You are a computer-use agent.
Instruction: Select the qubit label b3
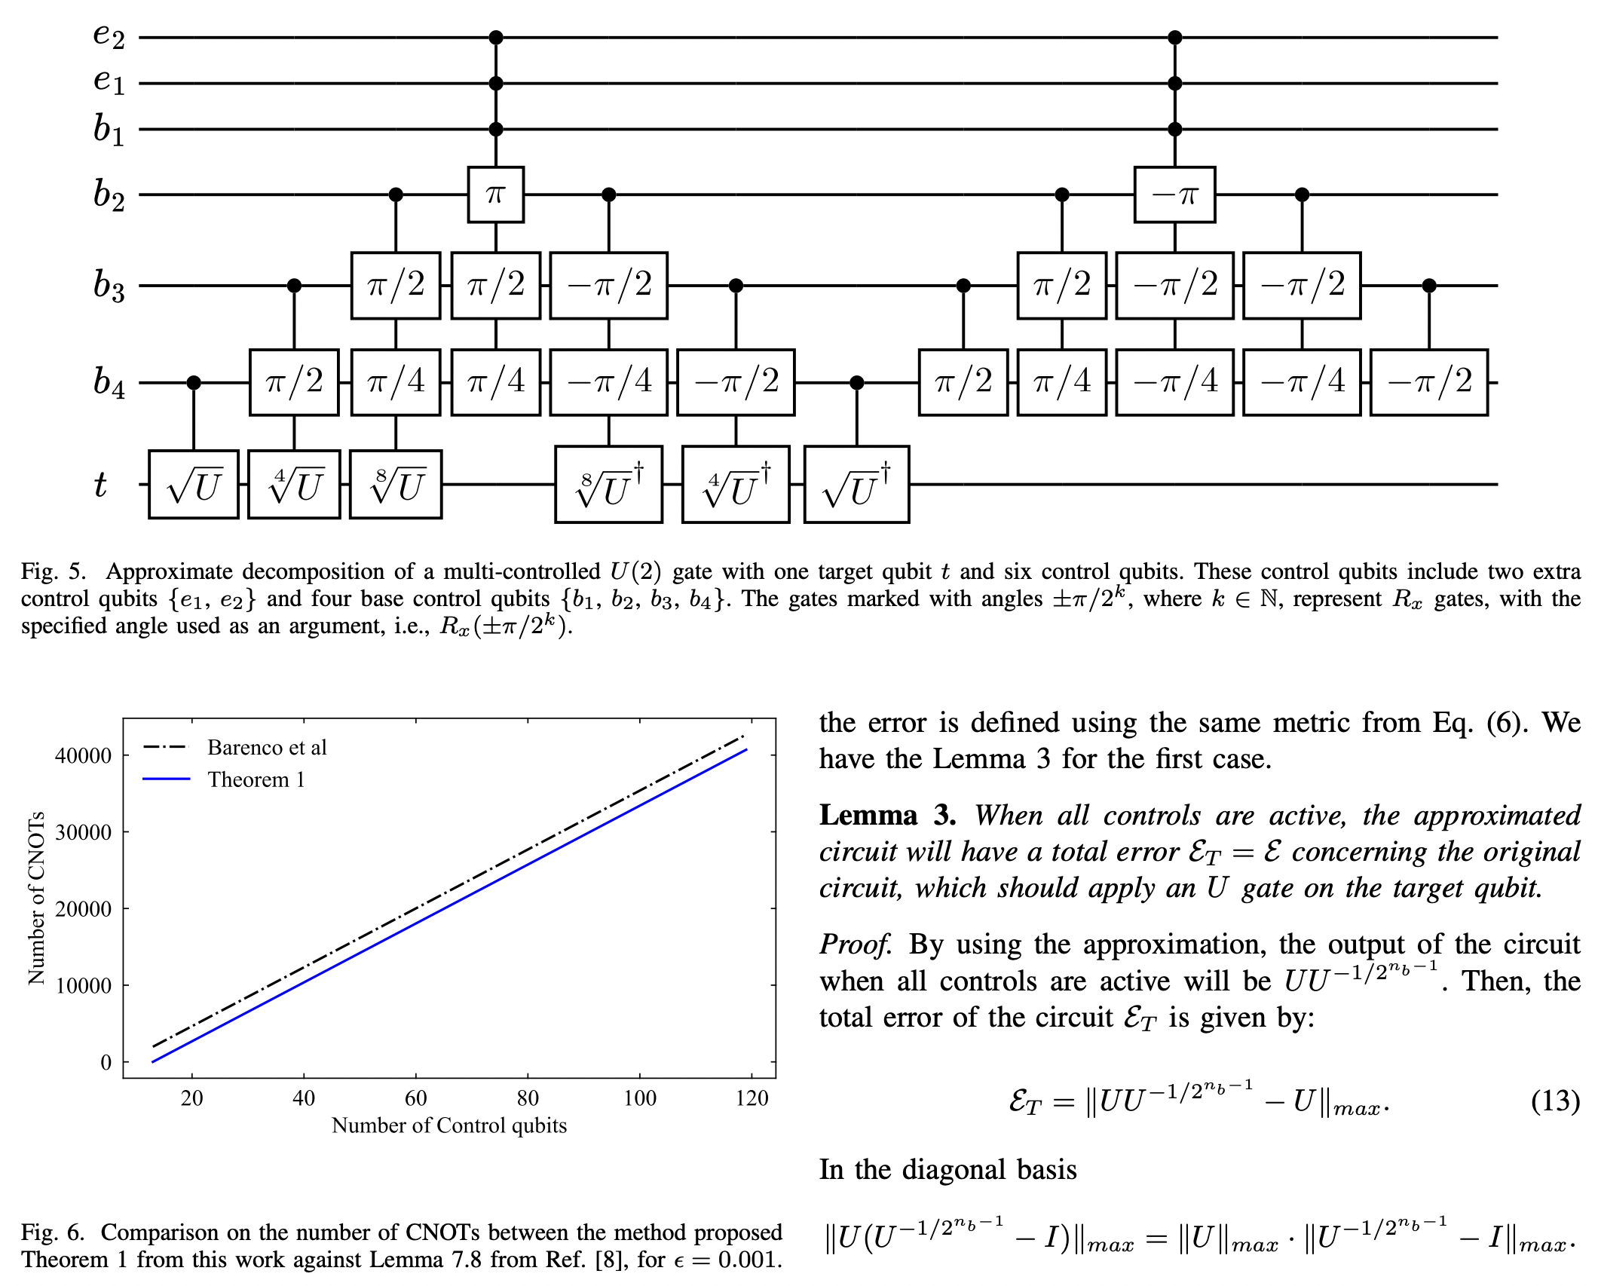click(109, 286)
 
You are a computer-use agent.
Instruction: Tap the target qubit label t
click(100, 484)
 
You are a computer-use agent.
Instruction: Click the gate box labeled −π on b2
click(1174, 195)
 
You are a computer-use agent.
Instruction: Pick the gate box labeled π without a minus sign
click(495, 195)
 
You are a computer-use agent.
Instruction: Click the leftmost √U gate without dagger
click(194, 485)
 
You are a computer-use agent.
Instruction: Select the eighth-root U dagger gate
click(608, 485)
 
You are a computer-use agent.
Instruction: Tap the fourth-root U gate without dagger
click(294, 485)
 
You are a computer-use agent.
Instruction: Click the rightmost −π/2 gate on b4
click(1428, 382)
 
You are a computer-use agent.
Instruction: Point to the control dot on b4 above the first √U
click(194, 383)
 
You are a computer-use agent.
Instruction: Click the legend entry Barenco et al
click(267, 747)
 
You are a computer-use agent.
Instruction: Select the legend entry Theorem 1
click(256, 779)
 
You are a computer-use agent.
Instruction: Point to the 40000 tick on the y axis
click(83, 755)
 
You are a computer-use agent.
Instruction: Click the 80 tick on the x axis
click(527, 1098)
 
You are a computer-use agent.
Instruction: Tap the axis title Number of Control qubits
click(448, 1125)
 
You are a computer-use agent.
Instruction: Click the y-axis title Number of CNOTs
click(35, 898)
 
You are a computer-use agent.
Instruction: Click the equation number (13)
click(1554, 1101)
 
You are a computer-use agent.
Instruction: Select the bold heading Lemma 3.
click(887, 816)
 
